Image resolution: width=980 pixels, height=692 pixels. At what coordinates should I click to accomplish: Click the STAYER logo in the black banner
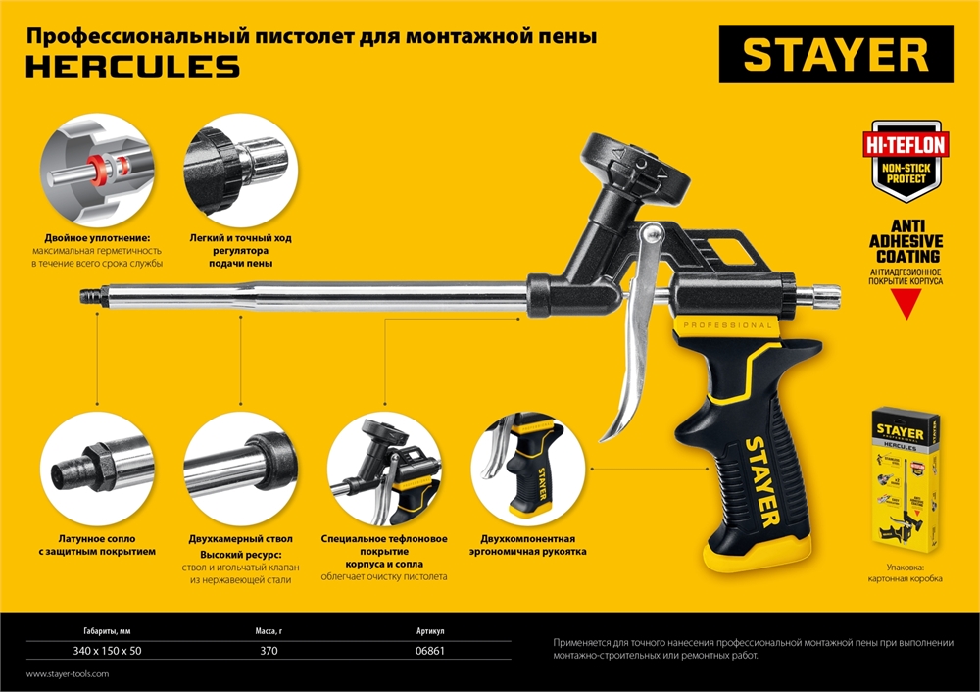click(835, 55)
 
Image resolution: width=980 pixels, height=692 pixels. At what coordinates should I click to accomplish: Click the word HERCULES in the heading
click(131, 67)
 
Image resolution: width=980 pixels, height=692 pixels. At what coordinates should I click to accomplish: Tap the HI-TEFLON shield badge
click(905, 156)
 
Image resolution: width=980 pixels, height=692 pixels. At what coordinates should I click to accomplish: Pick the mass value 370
click(269, 651)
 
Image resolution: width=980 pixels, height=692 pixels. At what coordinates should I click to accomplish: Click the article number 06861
click(431, 651)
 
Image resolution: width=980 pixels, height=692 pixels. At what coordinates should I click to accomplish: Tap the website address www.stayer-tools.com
click(68, 674)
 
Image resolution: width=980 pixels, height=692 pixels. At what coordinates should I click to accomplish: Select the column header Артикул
click(430, 632)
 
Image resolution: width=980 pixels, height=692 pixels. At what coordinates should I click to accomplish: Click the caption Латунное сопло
click(95, 538)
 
